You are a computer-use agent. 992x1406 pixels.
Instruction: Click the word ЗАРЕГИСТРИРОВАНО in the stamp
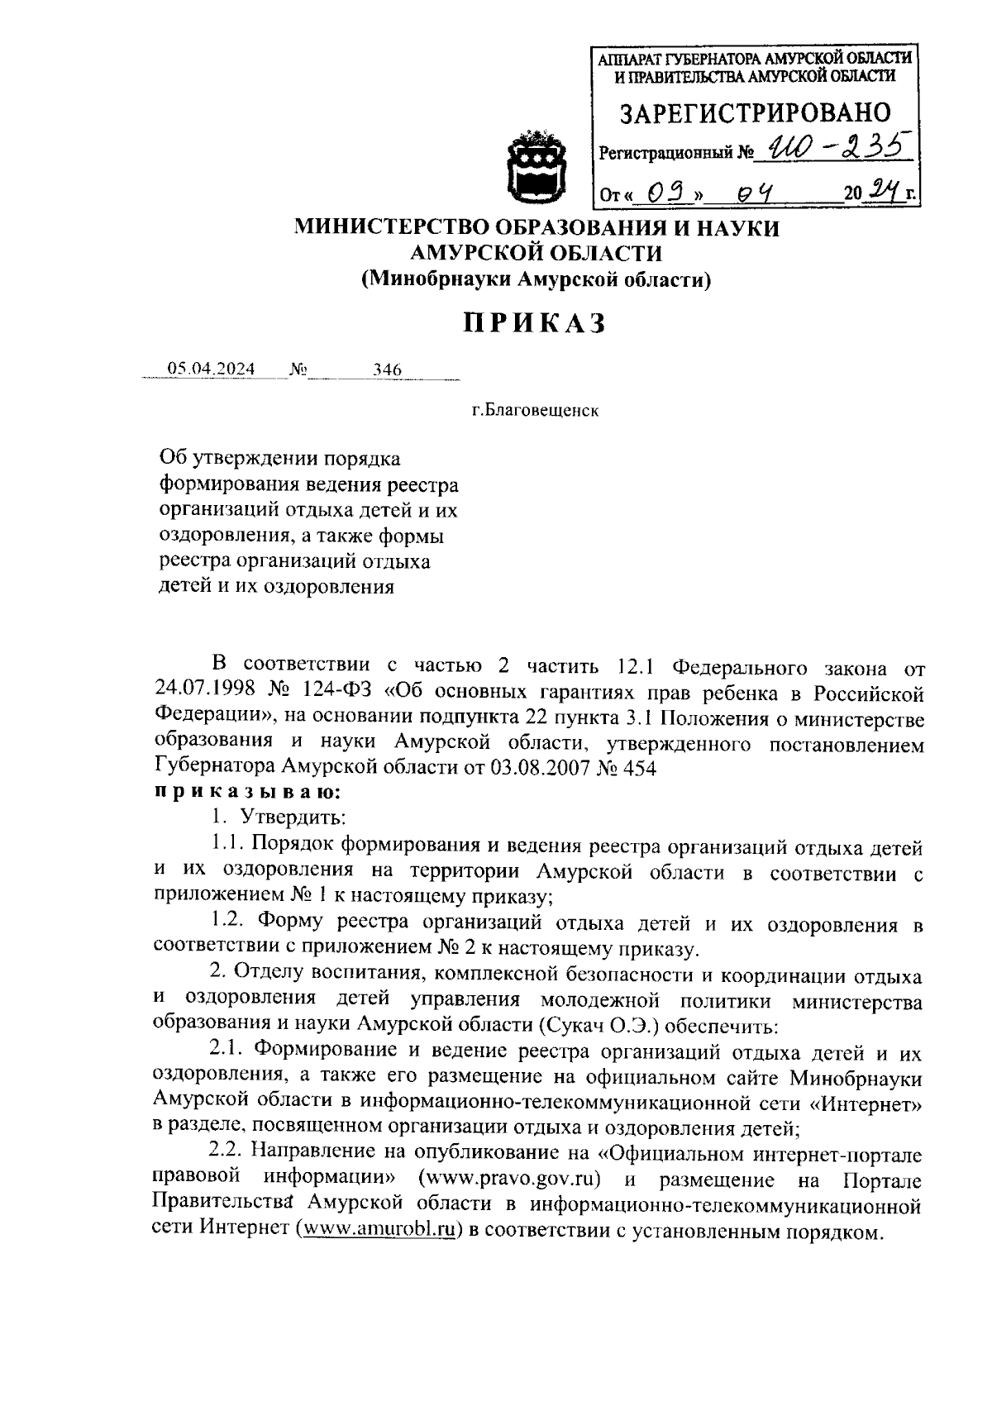click(x=756, y=113)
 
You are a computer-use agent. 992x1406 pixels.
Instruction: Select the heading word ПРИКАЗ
click(x=534, y=323)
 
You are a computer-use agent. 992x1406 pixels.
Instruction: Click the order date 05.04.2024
click(x=211, y=369)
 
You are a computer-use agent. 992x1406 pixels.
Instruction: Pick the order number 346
click(x=386, y=369)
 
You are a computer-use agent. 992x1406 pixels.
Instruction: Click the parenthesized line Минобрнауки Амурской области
click(x=536, y=280)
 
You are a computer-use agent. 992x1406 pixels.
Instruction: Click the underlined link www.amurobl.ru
click(x=381, y=1230)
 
